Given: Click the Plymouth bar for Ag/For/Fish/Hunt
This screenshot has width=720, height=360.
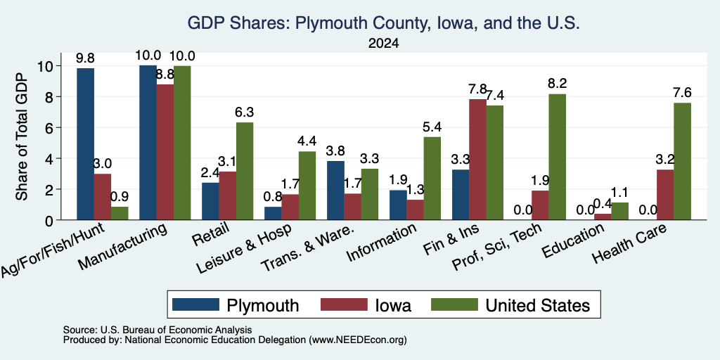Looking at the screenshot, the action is click(x=85, y=143).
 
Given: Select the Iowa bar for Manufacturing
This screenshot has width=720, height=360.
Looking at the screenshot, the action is click(x=165, y=152).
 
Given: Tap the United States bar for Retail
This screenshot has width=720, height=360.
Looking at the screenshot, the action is click(x=245, y=171).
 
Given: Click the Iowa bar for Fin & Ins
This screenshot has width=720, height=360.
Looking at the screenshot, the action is click(x=477, y=160).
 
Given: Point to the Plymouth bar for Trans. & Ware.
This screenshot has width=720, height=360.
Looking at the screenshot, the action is click(x=335, y=191).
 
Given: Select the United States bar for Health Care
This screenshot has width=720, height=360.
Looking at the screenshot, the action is click(x=682, y=161).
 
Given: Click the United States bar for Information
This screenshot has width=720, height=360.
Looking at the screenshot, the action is click(x=432, y=178).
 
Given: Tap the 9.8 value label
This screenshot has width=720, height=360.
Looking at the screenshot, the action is click(x=85, y=58).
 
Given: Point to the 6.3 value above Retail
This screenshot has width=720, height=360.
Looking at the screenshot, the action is click(x=245, y=112).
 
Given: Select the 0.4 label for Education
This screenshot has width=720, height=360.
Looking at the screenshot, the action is click(x=603, y=203).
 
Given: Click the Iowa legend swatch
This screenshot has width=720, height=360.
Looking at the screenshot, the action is click(x=344, y=304).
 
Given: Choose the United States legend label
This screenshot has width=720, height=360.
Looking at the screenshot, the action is click(x=536, y=305).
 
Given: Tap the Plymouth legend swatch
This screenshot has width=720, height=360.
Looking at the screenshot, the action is click(x=195, y=304).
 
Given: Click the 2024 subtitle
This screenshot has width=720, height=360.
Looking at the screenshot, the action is click(x=383, y=44).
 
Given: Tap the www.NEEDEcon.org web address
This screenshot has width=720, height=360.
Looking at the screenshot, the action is click(x=358, y=340).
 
